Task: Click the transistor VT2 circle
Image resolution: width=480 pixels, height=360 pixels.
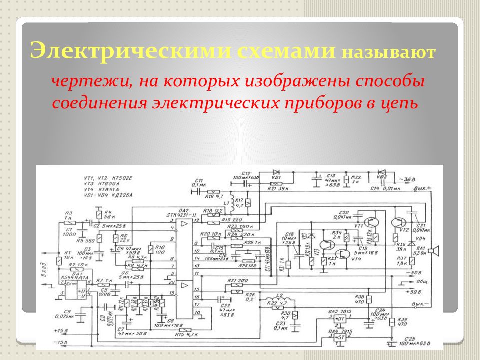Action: (x=400, y=223)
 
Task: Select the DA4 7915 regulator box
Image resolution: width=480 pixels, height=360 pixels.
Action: (x=340, y=338)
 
